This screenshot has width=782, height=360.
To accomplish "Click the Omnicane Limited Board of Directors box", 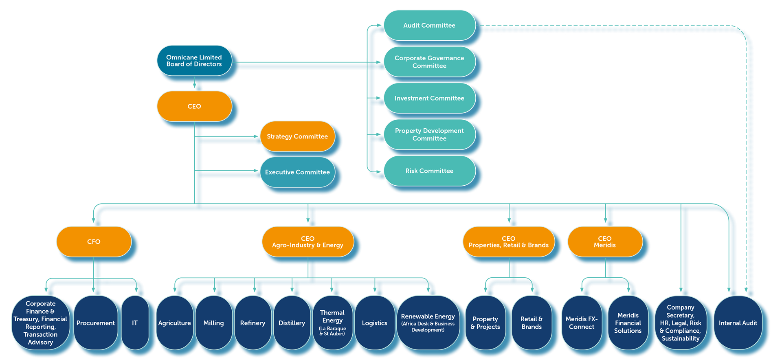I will (x=194, y=61).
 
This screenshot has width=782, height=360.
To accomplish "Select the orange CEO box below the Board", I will (x=194, y=106).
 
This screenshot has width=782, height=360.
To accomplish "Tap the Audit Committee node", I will (x=429, y=25).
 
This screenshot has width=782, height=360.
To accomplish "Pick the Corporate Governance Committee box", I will (x=429, y=62).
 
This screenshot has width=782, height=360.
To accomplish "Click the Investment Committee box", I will (x=429, y=98).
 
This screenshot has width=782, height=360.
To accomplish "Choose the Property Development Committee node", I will (x=429, y=134).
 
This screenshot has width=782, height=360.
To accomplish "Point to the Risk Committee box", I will (x=429, y=171).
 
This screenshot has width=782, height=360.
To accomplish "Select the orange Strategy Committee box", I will (x=297, y=136).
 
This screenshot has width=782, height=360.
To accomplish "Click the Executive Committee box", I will (x=297, y=172).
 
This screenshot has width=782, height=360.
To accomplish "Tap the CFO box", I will (x=94, y=241).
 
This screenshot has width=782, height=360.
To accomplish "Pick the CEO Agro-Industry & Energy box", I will (x=308, y=241).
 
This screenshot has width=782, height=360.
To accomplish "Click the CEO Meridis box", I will (x=605, y=241).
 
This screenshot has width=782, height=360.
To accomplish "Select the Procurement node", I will (x=96, y=323).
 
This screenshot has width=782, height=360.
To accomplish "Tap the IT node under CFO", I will (x=135, y=323).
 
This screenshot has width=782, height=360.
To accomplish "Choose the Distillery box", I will (x=292, y=323).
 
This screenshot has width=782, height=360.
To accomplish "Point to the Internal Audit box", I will (x=738, y=323).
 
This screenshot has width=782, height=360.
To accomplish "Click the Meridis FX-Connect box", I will (x=582, y=323).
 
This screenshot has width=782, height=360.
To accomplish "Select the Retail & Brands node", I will (x=532, y=323).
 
